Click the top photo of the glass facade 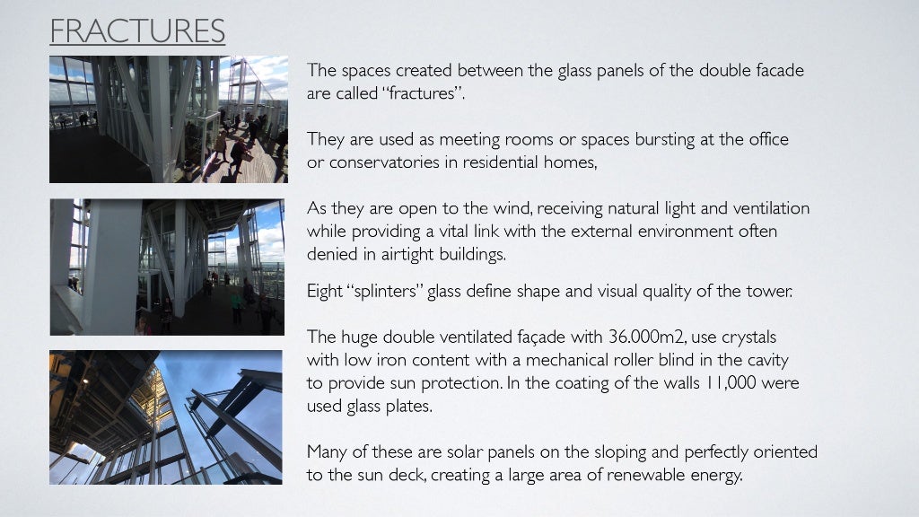[x=169, y=119]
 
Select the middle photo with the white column [x=167, y=267]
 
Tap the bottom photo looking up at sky [x=166, y=417]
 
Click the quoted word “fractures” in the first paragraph [x=426, y=93]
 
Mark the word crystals [x=748, y=337]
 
